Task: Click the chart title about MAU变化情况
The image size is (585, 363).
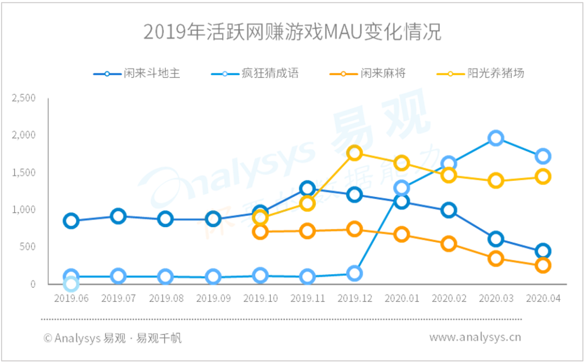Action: tap(292, 32)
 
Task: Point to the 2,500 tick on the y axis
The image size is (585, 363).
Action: tap(24, 98)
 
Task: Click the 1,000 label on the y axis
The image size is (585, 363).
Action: tap(24, 209)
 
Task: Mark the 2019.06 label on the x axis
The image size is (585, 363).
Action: tap(71, 298)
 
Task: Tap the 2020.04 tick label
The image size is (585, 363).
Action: tap(543, 298)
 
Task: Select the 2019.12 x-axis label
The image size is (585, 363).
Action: tap(354, 298)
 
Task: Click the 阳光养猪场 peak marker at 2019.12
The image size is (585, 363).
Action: tap(354, 153)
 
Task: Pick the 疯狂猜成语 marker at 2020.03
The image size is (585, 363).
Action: tap(496, 138)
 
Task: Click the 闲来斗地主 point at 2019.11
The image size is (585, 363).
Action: tap(307, 188)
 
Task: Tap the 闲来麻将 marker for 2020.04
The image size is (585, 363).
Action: tap(543, 265)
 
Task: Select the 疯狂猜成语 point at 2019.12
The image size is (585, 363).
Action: tap(354, 274)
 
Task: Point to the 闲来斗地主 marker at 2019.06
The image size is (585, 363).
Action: tap(71, 221)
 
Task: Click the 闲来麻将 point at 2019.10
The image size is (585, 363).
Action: tap(260, 232)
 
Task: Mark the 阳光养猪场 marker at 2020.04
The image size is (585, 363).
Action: tap(543, 176)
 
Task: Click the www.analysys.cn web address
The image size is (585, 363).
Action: tap(475, 338)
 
